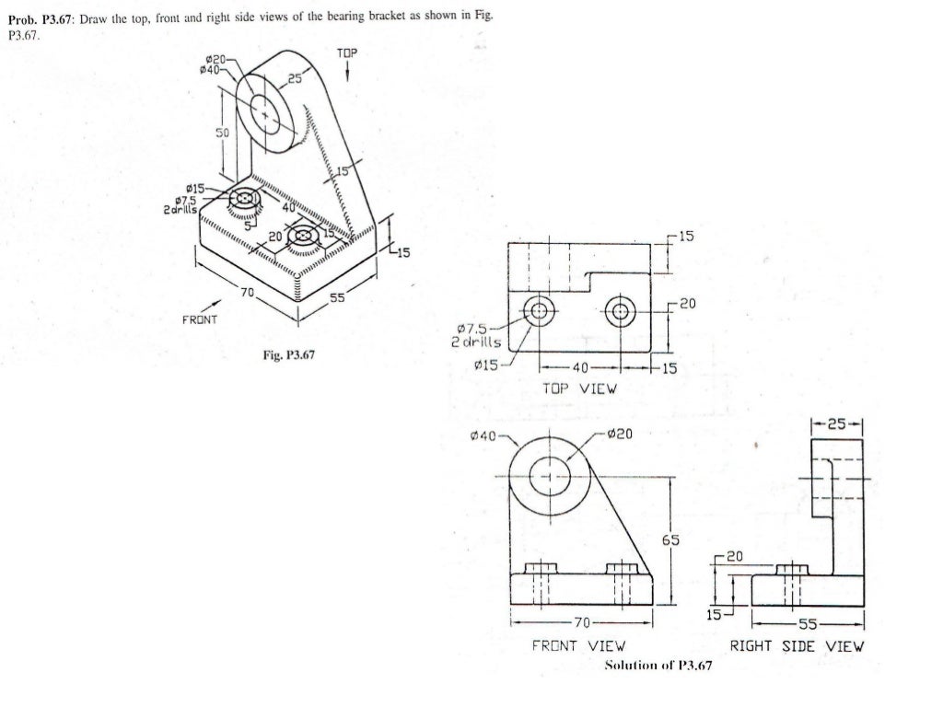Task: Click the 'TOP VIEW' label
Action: [580, 388]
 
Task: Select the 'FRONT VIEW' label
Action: [578, 646]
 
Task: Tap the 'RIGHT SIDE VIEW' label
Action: [797, 646]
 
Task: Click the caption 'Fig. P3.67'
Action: [288, 355]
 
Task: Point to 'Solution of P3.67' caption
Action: [658, 666]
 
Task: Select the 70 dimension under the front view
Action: [581, 623]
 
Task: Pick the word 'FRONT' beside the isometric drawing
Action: [199, 320]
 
